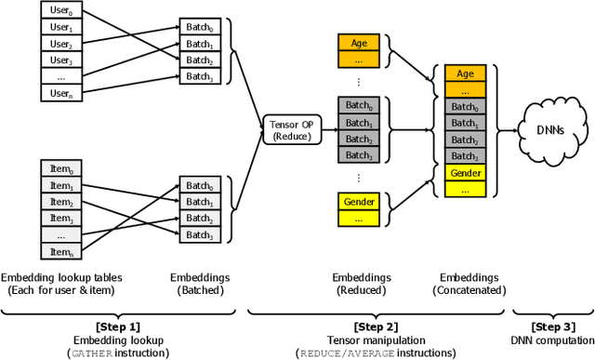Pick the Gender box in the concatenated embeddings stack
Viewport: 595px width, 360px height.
coord(466,173)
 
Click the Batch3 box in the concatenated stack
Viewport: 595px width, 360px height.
coord(466,157)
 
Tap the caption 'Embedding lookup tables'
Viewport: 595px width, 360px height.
coord(61,277)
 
